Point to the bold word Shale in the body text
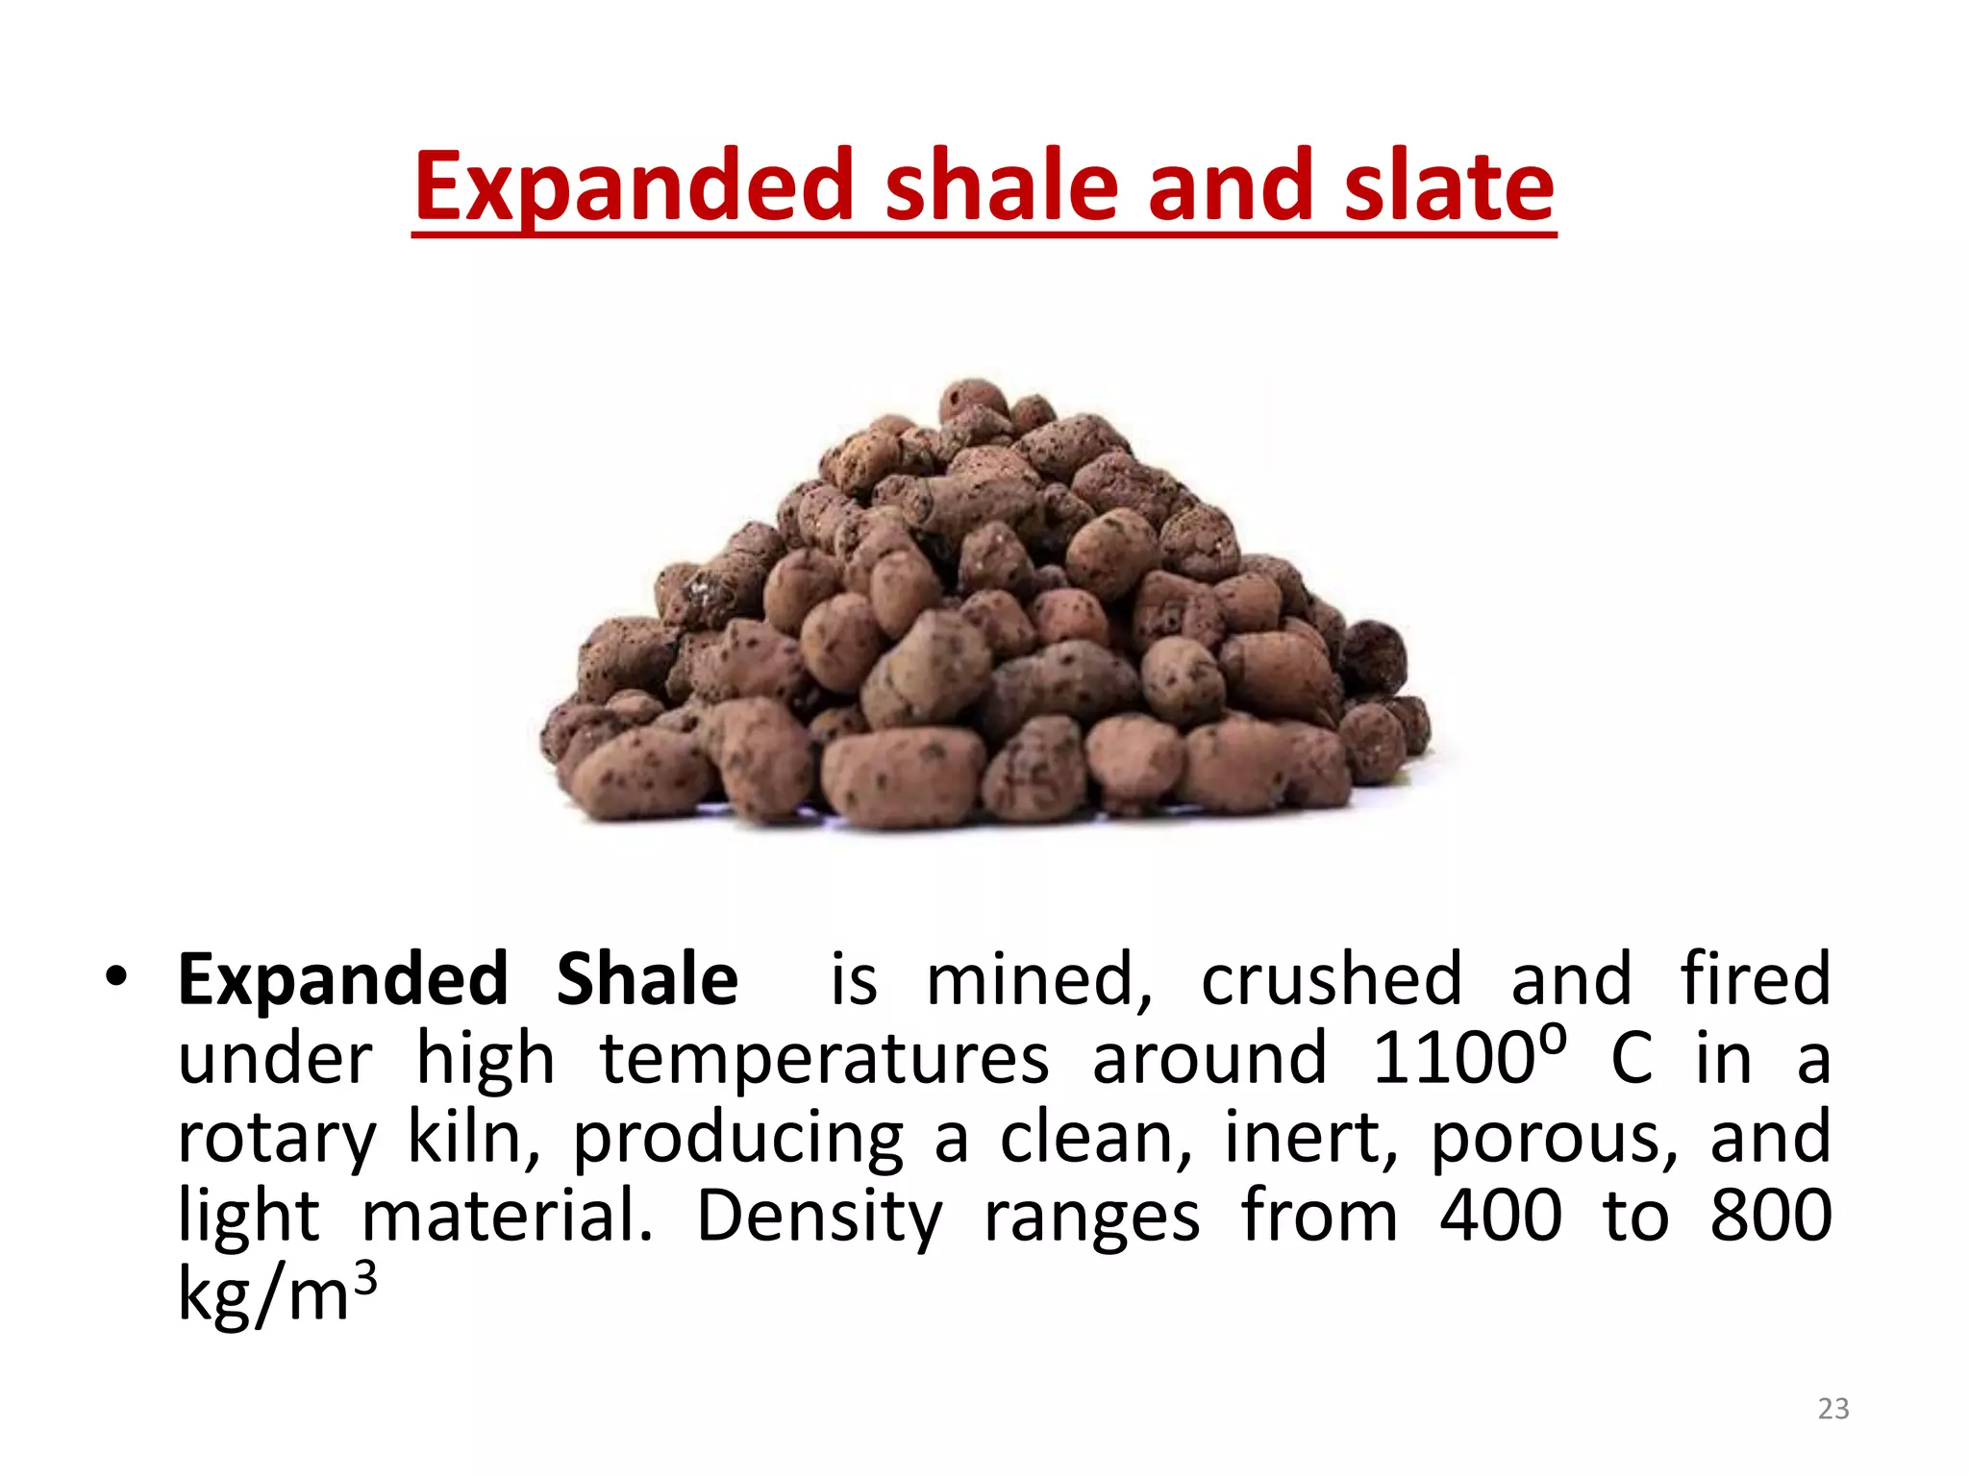(647, 979)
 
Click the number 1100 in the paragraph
(1453, 1059)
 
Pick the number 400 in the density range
(1501, 1216)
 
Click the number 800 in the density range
(1771, 1216)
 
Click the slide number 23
(1833, 1409)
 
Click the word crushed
(1332, 979)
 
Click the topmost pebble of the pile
(973, 399)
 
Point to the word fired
(1755, 979)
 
